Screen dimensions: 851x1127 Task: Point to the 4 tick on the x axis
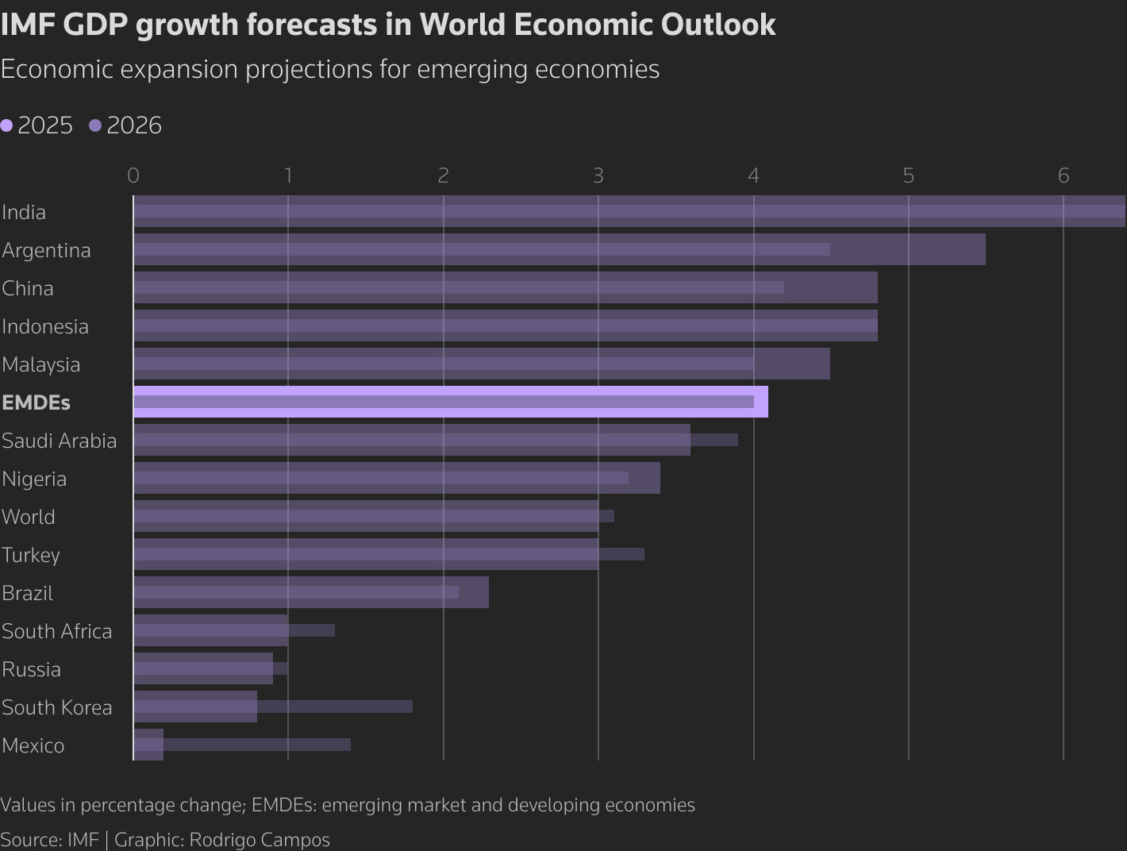[753, 175]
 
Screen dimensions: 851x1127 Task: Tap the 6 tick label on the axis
[1064, 175]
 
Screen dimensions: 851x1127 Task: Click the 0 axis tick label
[133, 175]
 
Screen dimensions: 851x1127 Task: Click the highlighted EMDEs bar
[450, 402]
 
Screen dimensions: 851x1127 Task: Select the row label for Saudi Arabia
[60, 441]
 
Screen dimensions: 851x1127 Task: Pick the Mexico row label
[33, 745]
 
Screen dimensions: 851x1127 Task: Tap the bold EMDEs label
[36, 402]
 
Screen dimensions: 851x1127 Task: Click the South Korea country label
[57, 707]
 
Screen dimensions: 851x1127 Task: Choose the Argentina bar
[559, 249]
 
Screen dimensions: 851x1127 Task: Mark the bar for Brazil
[310, 592]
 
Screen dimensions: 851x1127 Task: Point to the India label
[24, 212]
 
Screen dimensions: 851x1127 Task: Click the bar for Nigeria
[396, 478]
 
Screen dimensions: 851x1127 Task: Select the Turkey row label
[31, 555]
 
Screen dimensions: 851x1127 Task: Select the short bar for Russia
[203, 668]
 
